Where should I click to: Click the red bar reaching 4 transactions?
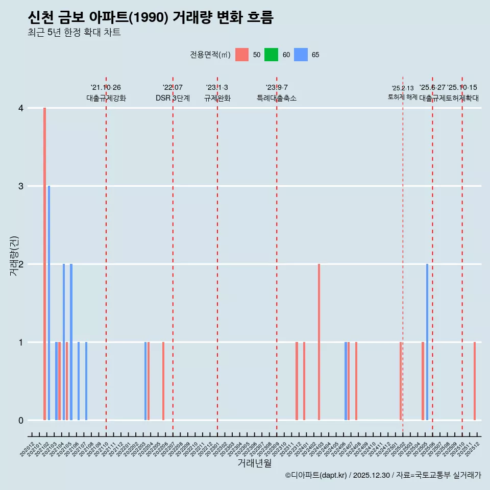coord(45,264)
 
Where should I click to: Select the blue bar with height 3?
coord(49,303)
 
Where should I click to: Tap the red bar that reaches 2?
coord(319,342)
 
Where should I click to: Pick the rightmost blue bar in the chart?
coord(427,342)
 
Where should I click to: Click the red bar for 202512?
coord(475,381)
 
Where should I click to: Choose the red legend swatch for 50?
coord(242,55)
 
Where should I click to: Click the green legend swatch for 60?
coord(271,55)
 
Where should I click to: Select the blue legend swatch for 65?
coord(301,55)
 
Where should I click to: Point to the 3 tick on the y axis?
coord(21,186)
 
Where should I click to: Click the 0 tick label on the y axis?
coord(21,421)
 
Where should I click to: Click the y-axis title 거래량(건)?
coord(14,256)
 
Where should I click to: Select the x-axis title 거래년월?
coord(254,463)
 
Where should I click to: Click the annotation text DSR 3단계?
coord(173,98)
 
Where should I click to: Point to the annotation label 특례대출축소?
coord(277,98)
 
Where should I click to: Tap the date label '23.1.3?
coord(217,88)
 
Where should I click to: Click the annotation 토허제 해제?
coord(403,97)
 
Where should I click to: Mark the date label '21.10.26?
coord(106,88)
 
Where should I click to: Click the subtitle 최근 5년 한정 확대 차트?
coord(75,33)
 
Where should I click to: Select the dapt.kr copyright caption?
coord(383,475)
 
